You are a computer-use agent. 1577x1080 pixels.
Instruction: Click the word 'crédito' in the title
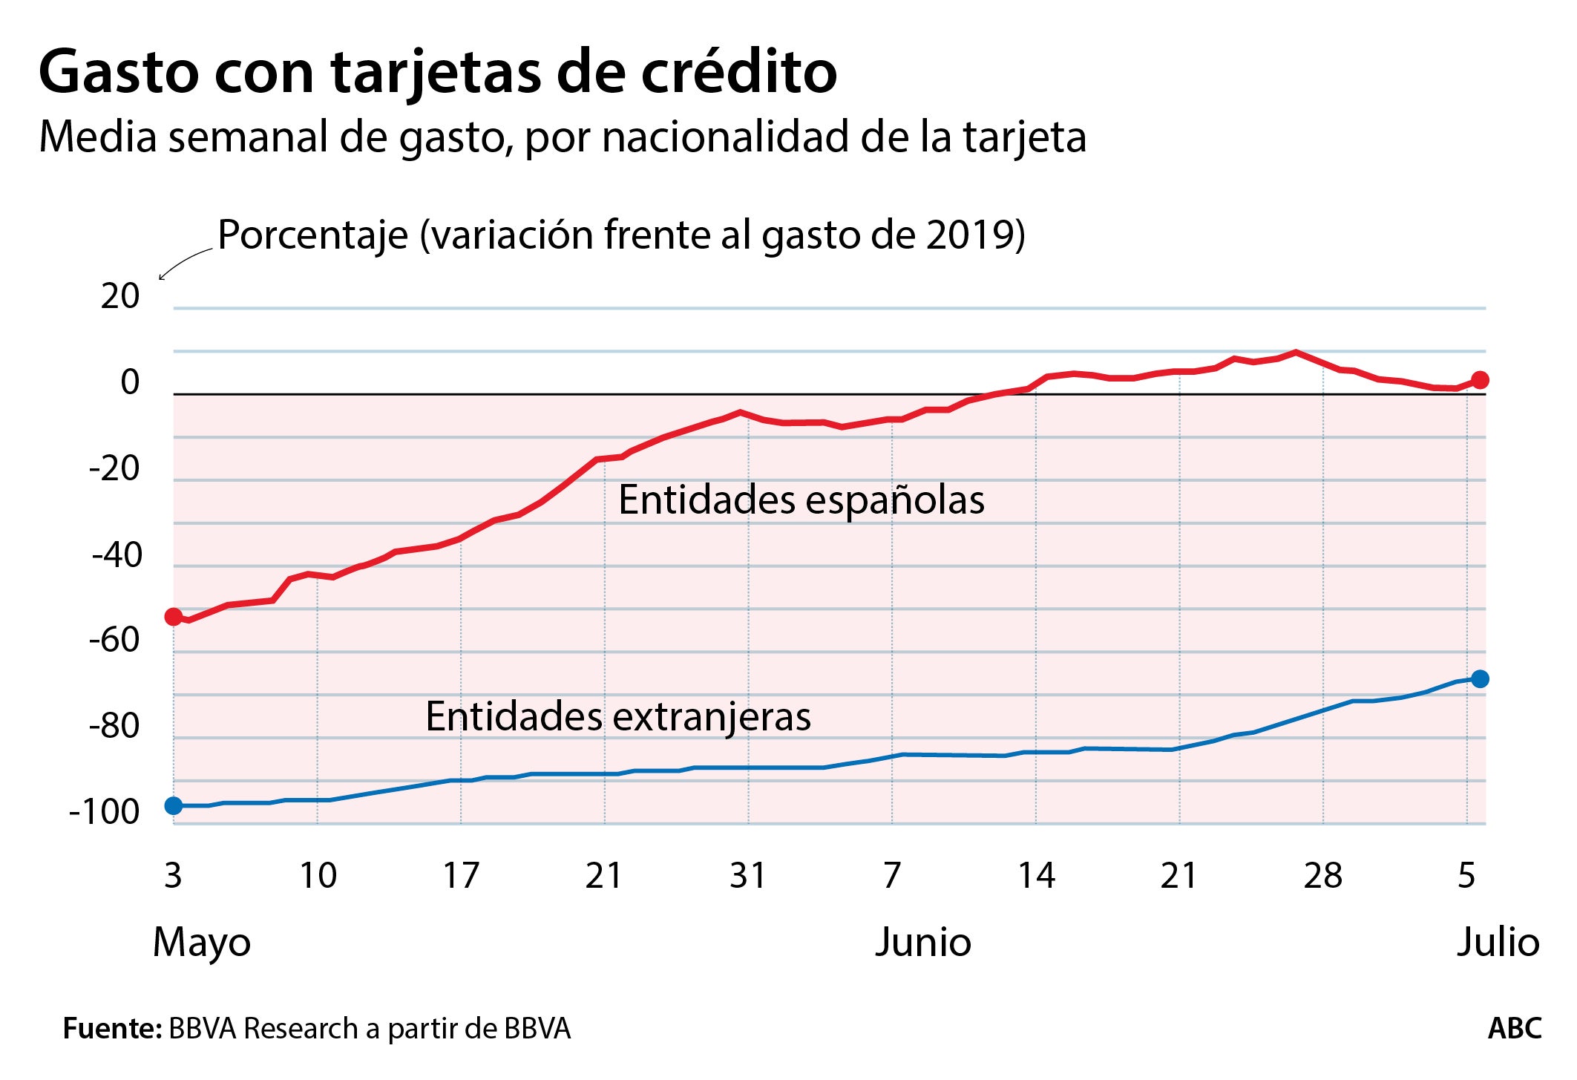pos(738,72)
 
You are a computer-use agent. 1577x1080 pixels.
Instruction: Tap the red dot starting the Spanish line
pos(174,617)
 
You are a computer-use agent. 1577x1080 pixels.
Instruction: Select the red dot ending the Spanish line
pos(1480,380)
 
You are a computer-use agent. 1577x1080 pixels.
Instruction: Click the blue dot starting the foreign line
pos(174,805)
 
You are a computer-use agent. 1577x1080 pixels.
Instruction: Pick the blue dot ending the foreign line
pos(1480,678)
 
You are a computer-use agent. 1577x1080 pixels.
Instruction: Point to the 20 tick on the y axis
pos(120,297)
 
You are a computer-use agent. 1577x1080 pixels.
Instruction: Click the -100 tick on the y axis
pos(104,812)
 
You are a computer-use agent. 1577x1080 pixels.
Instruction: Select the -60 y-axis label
pos(114,640)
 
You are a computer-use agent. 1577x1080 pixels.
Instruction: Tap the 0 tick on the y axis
pos(130,383)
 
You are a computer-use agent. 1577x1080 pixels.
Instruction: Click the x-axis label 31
pos(747,876)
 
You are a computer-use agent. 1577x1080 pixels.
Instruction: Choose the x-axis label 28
pos(1322,876)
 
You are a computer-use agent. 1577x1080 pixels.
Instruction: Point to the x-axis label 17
pos(461,876)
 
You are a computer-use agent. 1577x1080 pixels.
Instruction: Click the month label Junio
pos(922,942)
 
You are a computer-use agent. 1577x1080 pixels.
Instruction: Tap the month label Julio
pos(1498,942)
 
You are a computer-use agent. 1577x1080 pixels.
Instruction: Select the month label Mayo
pos(202,943)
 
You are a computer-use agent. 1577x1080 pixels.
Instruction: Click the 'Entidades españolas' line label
pos(801,500)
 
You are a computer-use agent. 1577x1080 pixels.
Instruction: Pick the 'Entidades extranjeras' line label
pos(617,717)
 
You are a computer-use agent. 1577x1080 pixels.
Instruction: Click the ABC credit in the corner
pos(1514,1029)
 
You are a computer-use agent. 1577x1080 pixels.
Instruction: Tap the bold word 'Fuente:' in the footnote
pos(112,1029)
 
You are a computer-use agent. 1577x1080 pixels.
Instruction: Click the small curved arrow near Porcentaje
pos(183,264)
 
